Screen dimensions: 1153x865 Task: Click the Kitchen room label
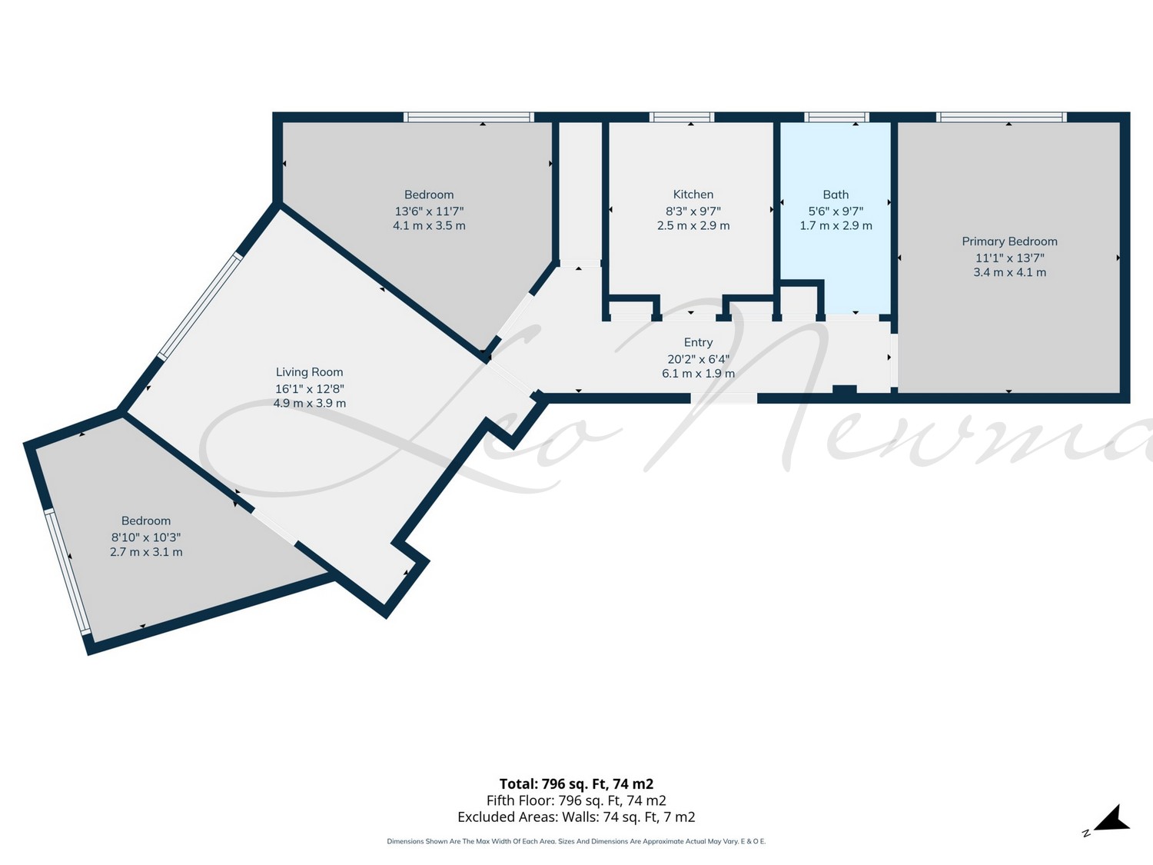coord(693,195)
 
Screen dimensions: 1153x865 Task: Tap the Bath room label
coord(836,195)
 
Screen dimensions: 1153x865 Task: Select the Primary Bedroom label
coord(1009,241)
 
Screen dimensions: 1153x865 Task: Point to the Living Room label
coord(310,372)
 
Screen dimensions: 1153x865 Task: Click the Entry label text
coord(698,342)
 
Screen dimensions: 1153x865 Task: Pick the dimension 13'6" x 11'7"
coord(429,211)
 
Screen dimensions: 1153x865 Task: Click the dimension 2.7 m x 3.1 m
coord(146,552)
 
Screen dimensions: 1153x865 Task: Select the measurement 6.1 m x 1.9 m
coord(698,374)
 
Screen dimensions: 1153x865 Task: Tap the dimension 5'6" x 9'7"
coord(836,211)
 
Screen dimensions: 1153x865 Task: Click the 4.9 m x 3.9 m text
coord(310,404)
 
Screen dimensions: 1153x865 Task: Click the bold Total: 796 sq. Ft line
coord(576,784)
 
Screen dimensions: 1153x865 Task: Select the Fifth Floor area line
coord(576,800)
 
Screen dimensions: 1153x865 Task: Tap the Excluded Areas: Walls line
coord(576,817)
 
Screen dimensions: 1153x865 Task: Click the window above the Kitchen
coord(681,117)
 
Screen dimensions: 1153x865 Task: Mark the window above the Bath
coord(836,117)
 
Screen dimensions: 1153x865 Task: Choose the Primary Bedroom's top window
coord(1002,117)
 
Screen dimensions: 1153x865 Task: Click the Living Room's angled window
coord(200,307)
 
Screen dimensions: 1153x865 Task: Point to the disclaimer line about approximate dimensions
coord(576,841)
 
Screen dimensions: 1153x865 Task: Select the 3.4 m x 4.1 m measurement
coord(1009,272)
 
